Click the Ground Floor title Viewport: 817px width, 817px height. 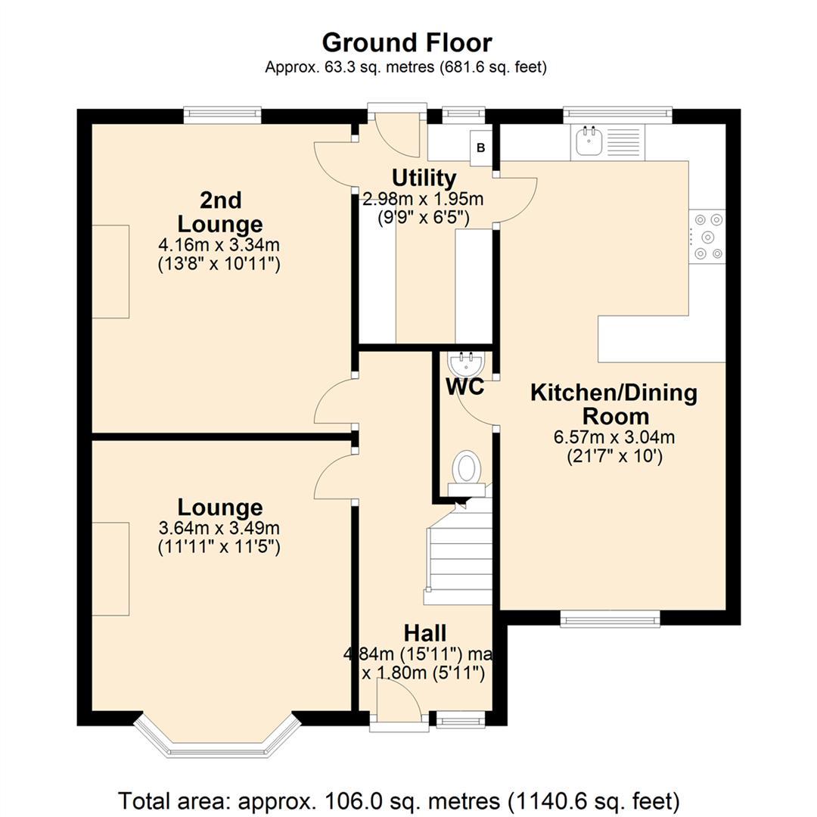tap(407, 42)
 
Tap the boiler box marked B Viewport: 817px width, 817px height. tap(481, 147)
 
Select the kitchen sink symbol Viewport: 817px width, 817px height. tap(587, 141)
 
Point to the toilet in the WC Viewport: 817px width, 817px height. tap(466, 469)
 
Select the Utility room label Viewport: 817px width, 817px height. tap(424, 179)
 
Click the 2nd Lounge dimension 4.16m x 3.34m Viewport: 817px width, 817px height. tap(219, 245)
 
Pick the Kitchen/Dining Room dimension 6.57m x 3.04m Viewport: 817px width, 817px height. tap(614, 437)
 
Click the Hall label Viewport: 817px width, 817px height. tap(424, 632)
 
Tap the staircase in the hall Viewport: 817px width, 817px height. tap(458, 556)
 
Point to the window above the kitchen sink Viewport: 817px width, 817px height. tap(617, 114)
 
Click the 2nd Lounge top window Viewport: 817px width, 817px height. tap(222, 115)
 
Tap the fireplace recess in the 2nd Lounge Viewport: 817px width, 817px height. tap(110, 271)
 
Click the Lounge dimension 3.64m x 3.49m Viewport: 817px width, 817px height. tap(219, 527)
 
